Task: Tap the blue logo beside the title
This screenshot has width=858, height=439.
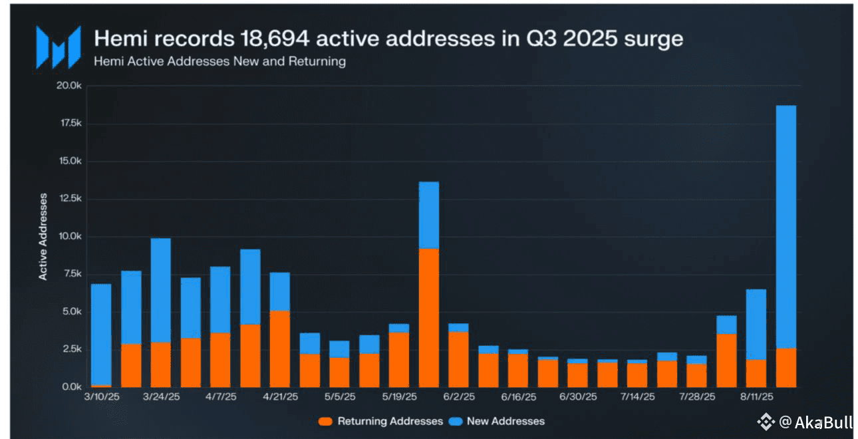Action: pos(58,47)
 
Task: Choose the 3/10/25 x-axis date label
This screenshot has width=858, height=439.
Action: pos(100,396)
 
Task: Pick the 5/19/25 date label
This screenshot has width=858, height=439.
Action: pos(398,396)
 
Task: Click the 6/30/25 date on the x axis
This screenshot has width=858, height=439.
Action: pos(577,396)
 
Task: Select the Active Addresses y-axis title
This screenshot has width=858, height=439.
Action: pos(43,237)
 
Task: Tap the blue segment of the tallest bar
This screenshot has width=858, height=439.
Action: pos(786,226)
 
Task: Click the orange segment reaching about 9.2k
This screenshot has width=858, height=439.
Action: pos(428,317)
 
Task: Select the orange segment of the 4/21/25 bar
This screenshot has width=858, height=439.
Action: pos(279,349)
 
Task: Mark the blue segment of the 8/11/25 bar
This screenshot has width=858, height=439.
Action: pos(756,324)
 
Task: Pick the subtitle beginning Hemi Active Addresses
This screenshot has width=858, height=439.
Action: pos(219,61)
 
